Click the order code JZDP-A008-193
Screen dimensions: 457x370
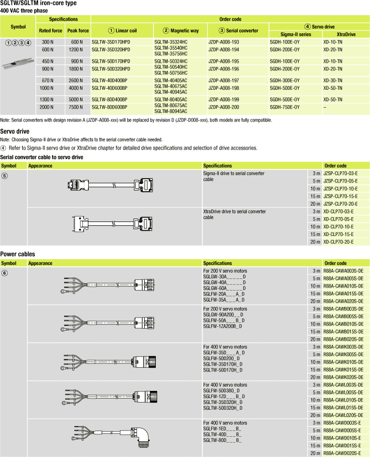tap(223, 42)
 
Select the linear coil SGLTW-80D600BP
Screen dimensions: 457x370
tap(110, 107)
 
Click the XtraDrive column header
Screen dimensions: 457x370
tap(346, 34)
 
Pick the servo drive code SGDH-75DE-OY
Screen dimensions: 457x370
tap(285, 107)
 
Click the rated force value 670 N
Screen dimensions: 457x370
tap(47, 80)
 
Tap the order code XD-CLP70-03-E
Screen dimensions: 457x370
tap(338, 211)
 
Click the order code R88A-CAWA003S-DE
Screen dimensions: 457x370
tap(343, 271)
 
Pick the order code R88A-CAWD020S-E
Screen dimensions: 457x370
tap(343, 453)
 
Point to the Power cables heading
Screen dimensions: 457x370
tap(17, 254)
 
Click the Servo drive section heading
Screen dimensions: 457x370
tap(15, 131)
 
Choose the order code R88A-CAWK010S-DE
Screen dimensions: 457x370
tap(343, 362)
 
